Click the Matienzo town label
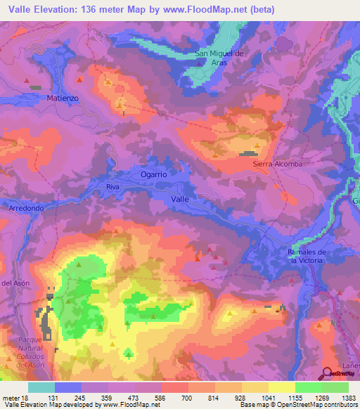point(61,98)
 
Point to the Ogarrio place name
point(153,174)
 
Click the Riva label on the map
point(112,187)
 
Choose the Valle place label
point(181,200)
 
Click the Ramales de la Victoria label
point(305,256)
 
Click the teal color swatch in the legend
point(41,387)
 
